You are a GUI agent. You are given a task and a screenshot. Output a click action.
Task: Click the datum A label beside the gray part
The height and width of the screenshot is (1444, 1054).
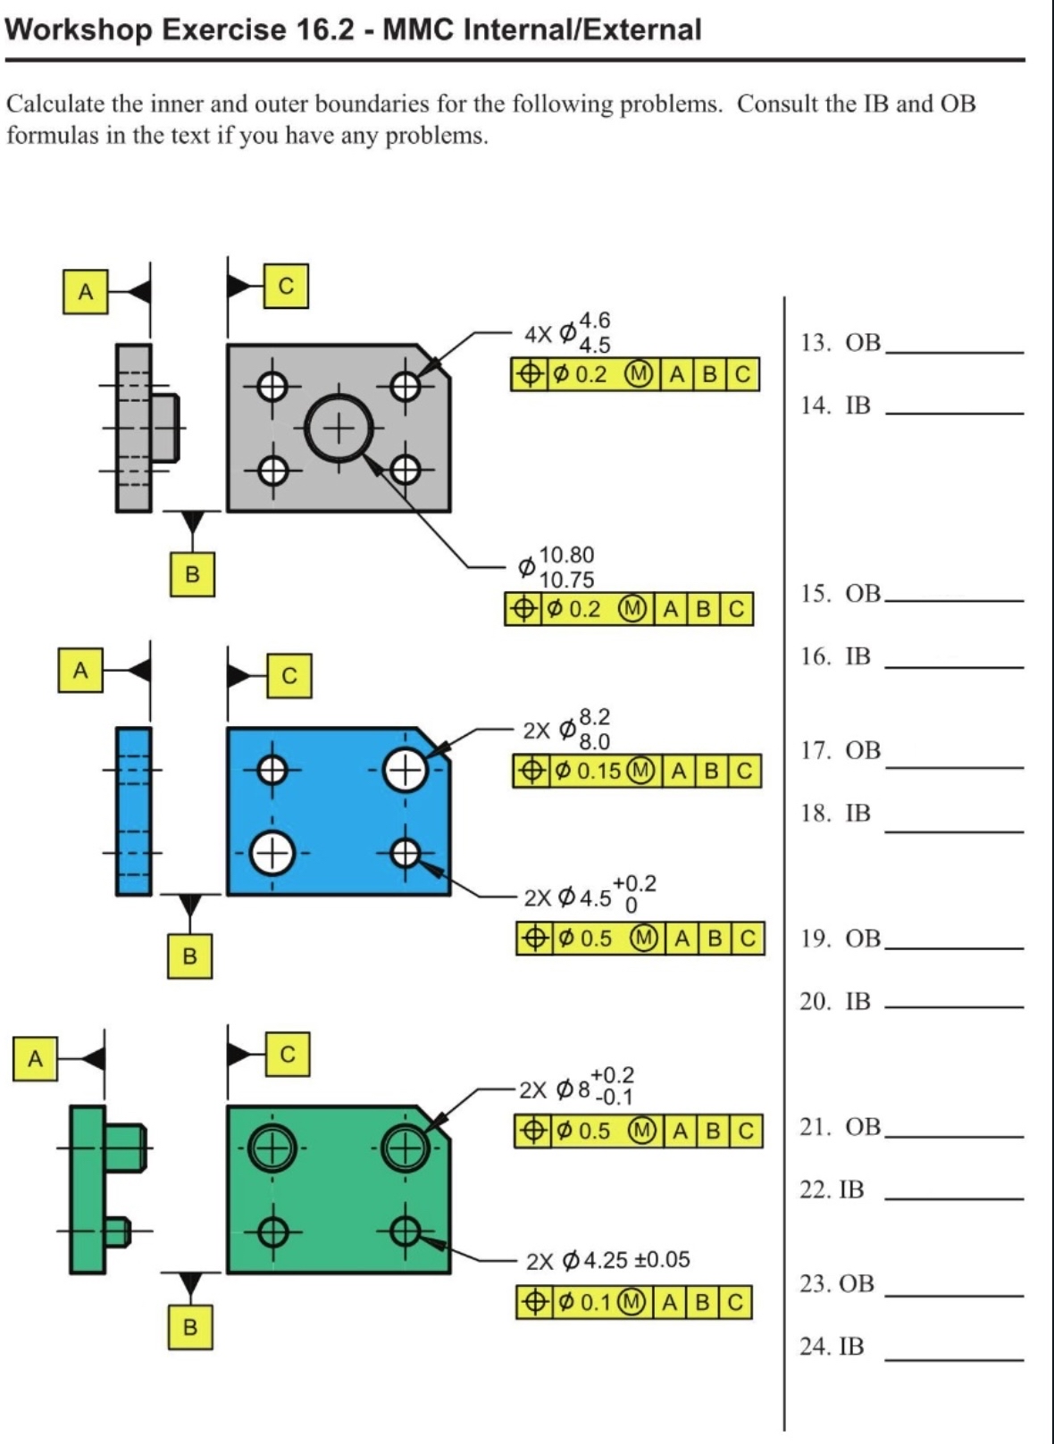85,292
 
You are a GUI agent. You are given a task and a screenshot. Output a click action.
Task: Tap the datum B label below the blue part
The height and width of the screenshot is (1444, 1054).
189,956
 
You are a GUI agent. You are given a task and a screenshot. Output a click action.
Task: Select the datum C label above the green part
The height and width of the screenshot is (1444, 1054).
287,1055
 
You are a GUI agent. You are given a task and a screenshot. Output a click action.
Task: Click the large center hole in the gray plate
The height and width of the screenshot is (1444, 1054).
339,429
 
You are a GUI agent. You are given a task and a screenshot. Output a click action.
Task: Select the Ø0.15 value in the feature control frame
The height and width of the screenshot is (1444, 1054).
589,771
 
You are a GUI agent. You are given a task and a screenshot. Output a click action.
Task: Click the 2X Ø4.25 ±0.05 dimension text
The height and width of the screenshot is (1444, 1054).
608,1261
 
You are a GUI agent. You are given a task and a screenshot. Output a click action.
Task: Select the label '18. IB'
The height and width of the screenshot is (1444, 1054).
835,814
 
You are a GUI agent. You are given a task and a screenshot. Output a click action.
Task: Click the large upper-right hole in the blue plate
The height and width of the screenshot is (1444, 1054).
405,771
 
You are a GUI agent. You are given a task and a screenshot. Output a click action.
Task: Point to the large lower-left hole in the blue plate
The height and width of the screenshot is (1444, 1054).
272,854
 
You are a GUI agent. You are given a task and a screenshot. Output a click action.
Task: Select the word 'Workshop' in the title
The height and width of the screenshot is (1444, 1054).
79,29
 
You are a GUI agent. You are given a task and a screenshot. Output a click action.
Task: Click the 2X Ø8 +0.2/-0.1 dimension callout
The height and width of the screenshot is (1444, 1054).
577,1087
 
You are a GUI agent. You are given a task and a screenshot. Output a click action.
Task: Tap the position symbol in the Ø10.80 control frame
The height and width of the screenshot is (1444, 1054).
523,610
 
